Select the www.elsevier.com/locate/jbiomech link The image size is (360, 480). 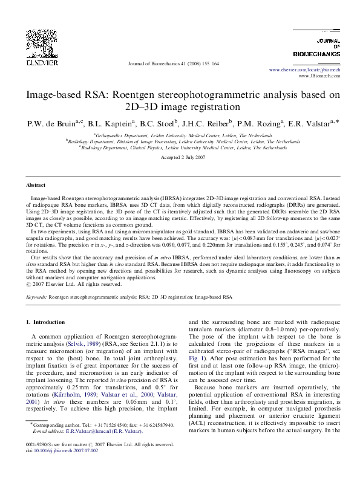(304, 70)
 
